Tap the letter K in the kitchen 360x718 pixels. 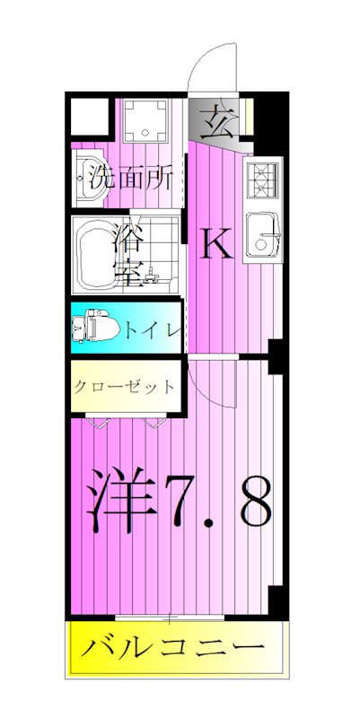215,242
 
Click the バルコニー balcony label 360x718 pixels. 175,648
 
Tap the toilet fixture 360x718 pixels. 92,327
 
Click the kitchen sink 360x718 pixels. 264,235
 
